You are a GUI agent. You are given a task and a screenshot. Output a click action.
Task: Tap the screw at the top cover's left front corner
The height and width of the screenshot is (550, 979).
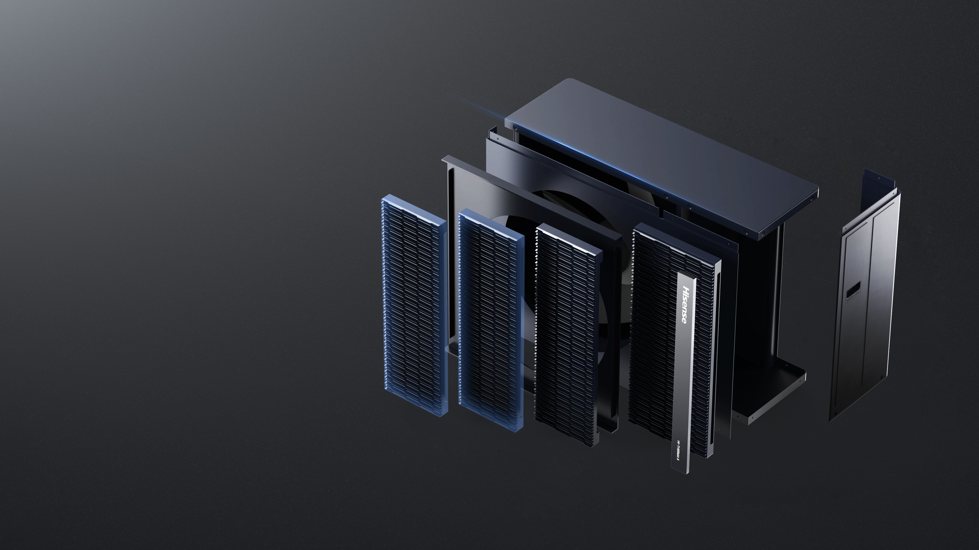(x=515, y=128)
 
